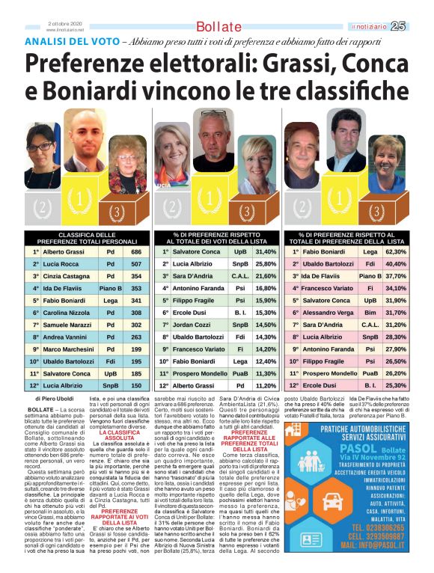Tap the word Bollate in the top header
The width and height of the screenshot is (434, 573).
(218, 27)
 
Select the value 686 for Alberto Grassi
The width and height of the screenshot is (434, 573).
(136, 252)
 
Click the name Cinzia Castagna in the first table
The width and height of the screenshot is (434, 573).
(67, 277)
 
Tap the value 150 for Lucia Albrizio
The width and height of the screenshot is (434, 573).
(136, 385)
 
